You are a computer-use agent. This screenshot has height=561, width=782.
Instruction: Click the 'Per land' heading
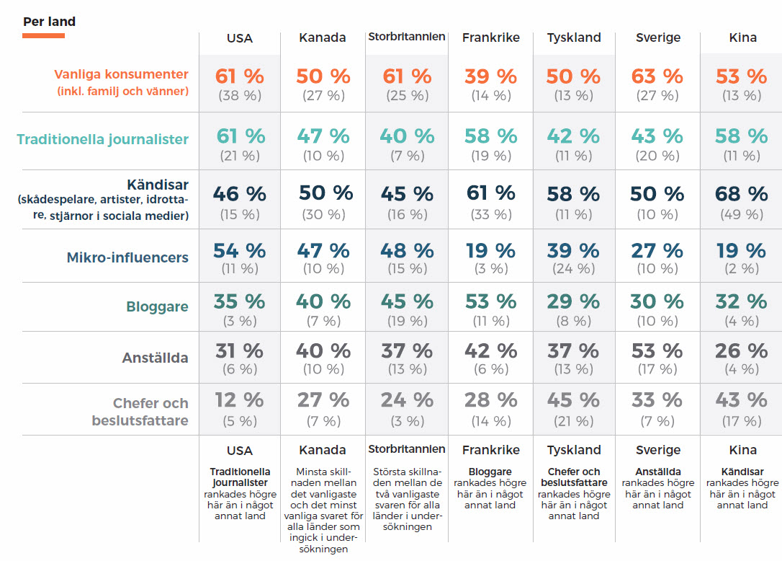49,22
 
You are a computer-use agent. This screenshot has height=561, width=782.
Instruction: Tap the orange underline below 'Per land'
43,35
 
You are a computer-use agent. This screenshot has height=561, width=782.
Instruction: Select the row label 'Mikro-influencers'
127,257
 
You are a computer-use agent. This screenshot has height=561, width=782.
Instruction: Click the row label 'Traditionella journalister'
103,140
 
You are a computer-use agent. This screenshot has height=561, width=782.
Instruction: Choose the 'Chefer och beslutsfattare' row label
140,412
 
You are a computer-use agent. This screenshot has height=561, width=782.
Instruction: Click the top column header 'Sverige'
657,37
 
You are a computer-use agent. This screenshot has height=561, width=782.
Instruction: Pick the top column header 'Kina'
742,37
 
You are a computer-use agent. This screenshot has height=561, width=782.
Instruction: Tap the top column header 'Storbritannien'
407,37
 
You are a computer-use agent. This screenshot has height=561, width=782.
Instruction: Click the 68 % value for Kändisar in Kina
741,194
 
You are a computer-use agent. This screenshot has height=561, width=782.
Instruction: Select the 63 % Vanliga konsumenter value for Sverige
657,76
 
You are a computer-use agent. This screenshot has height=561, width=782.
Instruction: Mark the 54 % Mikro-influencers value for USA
239,251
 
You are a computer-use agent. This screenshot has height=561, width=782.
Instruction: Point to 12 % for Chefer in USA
239,400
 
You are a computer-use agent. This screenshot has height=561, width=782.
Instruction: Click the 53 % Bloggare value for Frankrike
490,301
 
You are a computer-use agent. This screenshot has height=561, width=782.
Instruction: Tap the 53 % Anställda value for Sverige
657,351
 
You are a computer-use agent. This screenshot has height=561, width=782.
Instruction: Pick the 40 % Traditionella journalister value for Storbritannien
407,136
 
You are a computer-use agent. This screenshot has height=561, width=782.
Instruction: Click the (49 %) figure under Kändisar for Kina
741,214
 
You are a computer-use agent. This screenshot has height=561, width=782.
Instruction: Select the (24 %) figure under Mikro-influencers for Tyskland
573,268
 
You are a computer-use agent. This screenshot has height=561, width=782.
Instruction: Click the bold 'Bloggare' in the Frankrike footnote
490,472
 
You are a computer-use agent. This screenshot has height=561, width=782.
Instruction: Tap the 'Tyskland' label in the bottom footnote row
573,450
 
